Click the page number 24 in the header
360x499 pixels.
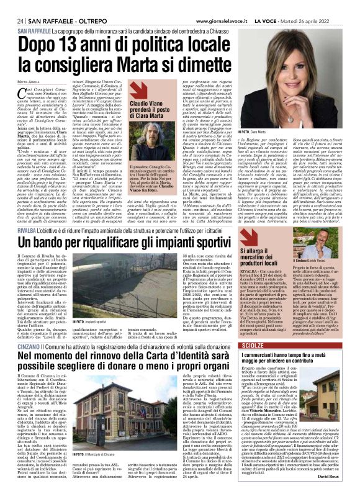coord(20,5)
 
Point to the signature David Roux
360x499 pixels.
coord(340,493)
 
